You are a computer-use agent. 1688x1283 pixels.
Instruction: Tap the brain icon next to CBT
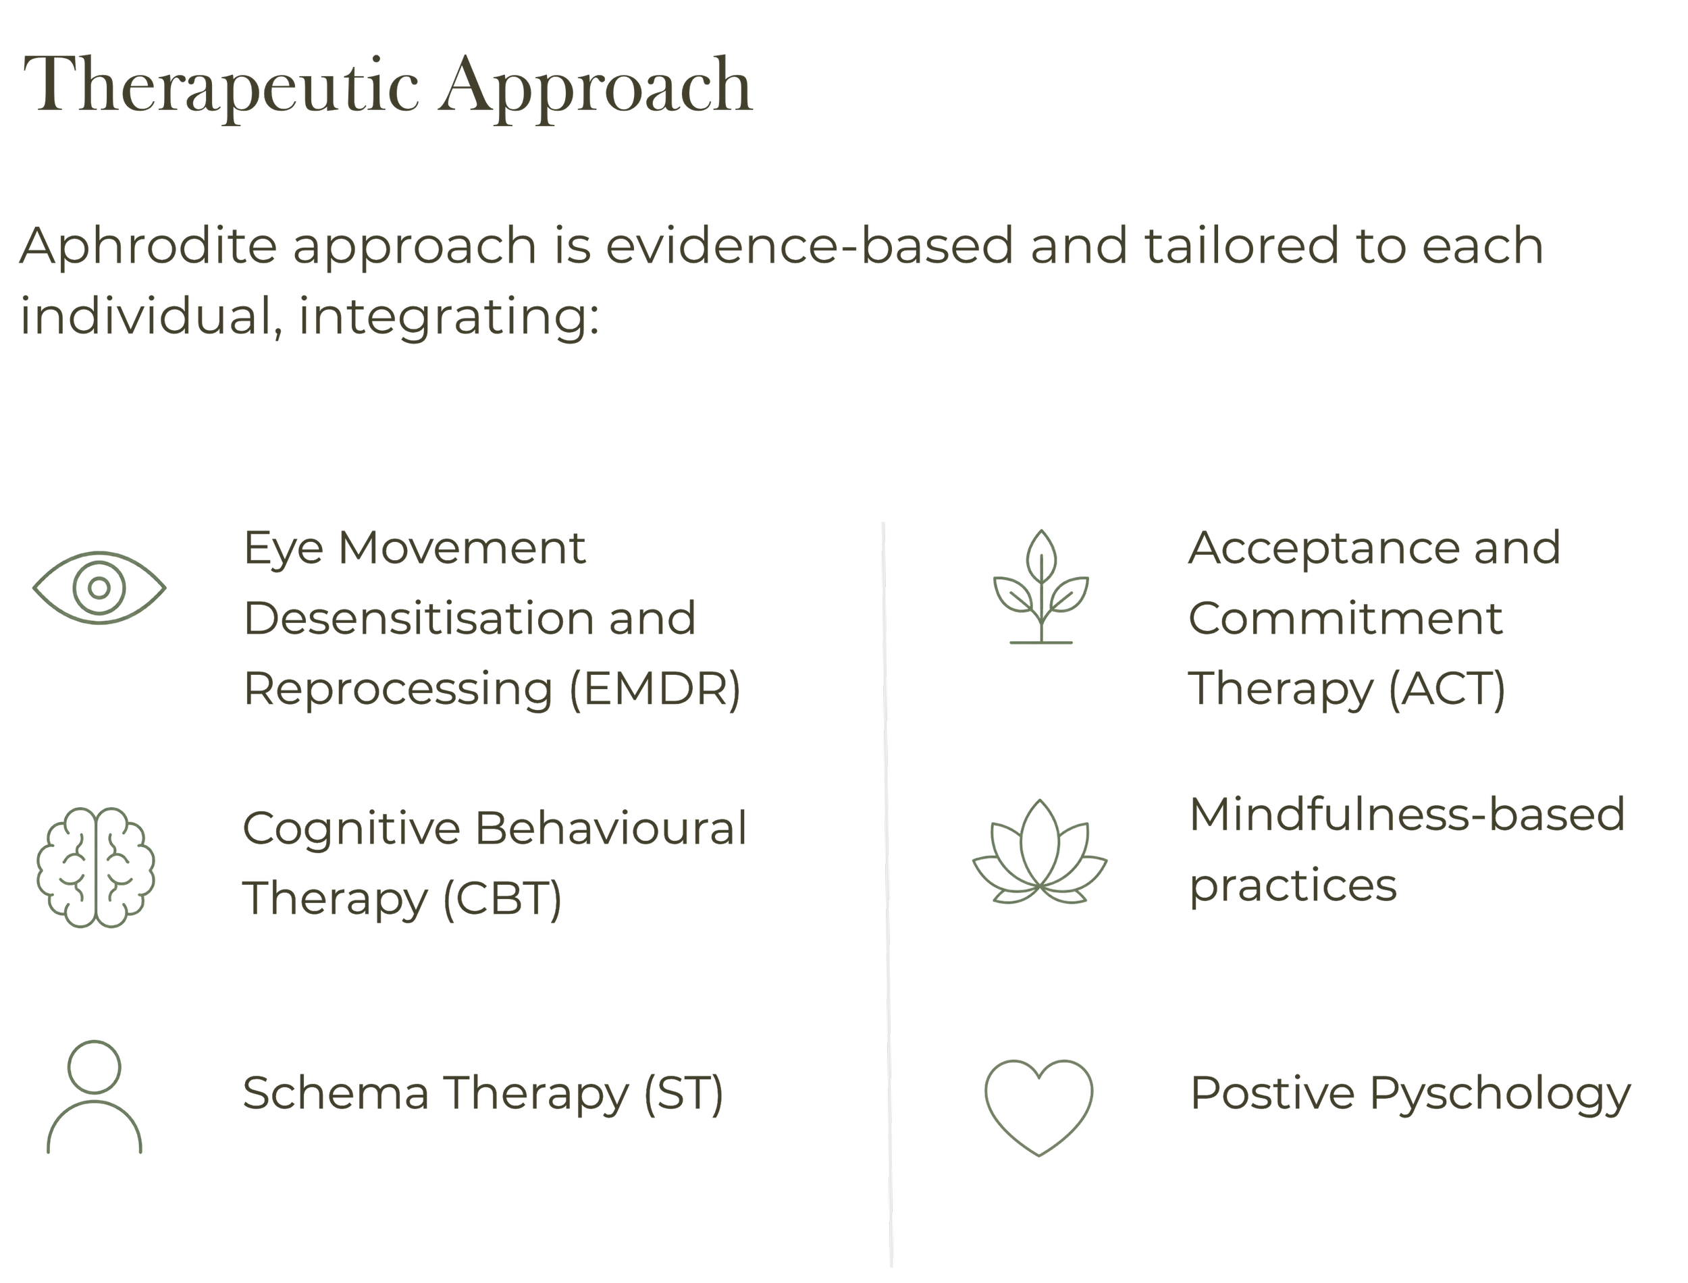pyautogui.click(x=97, y=867)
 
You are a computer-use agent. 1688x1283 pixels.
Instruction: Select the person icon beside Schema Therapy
pyautogui.click(x=95, y=1097)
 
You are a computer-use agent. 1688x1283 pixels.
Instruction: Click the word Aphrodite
pyautogui.click(x=148, y=246)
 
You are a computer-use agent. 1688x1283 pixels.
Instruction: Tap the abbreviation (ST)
pyautogui.click(x=683, y=1093)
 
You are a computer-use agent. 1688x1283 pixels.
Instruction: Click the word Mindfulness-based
pyautogui.click(x=1407, y=814)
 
